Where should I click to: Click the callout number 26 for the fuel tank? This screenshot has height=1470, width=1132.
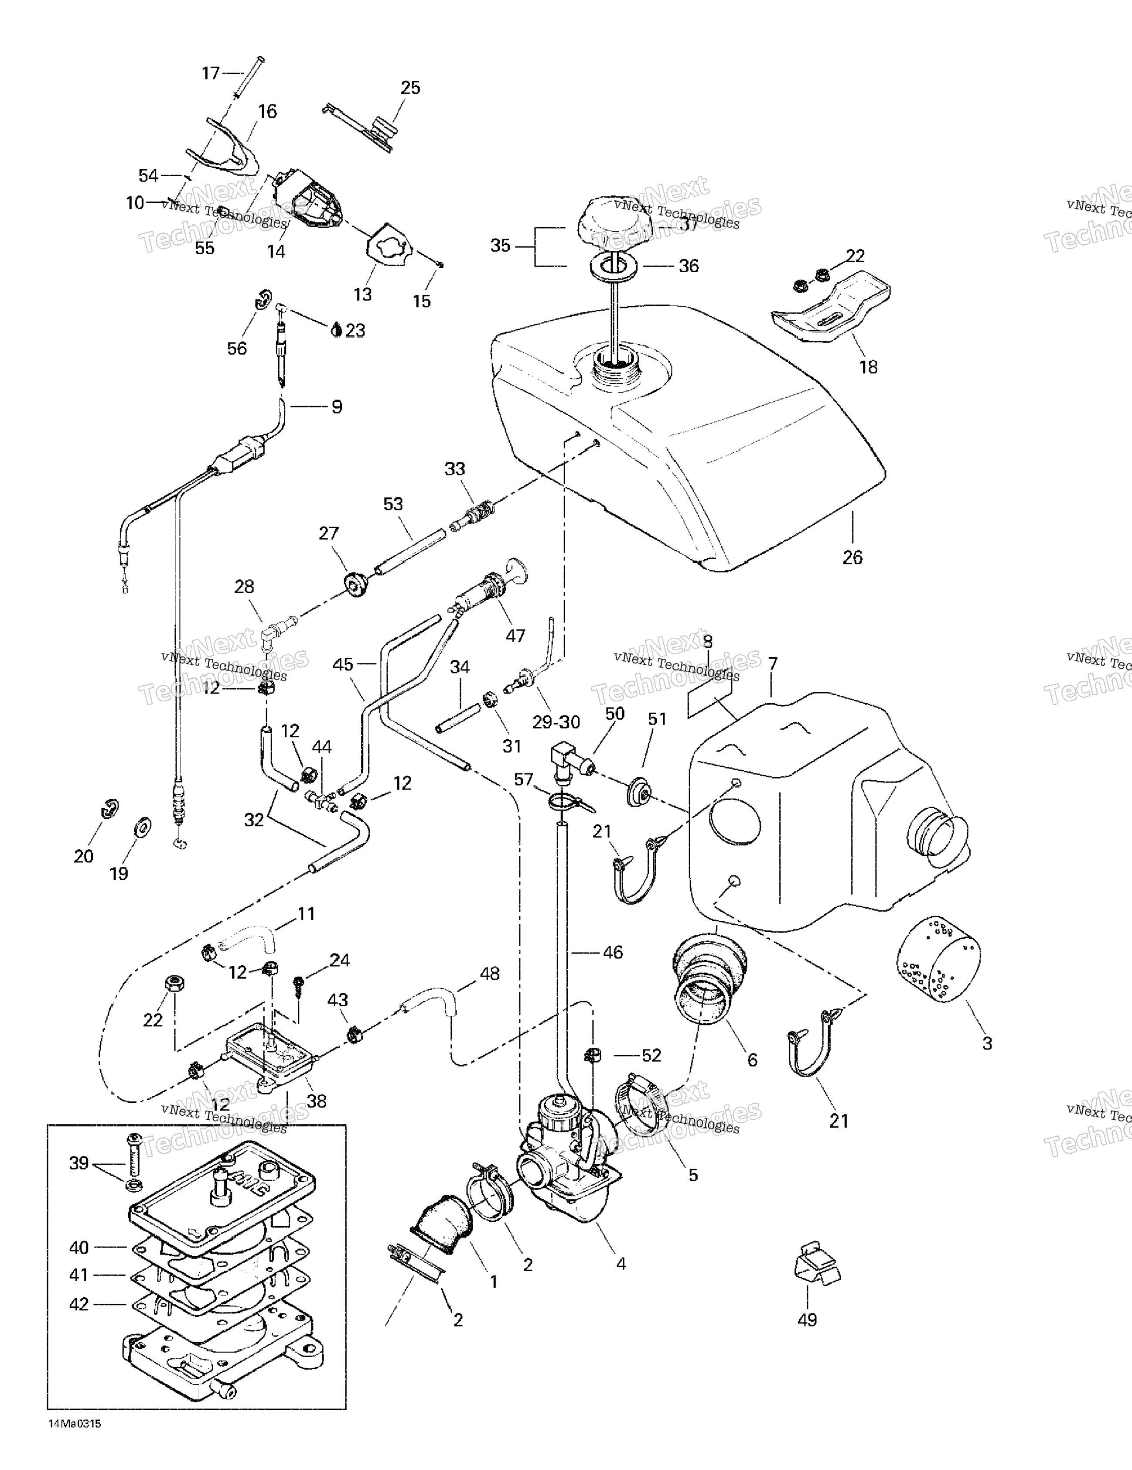pyautogui.click(x=852, y=557)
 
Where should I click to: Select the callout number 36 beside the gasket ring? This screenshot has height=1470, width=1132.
pyautogui.click(x=689, y=266)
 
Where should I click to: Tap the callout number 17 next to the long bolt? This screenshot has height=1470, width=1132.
pyautogui.click(x=211, y=73)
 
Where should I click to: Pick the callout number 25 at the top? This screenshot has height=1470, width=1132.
pyautogui.click(x=410, y=88)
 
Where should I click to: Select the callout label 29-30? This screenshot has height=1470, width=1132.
pyautogui.click(x=556, y=722)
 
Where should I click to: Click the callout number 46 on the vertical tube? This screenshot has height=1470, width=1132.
pyautogui.click(x=612, y=952)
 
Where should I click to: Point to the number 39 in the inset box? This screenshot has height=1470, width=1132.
pyautogui.click(x=79, y=1163)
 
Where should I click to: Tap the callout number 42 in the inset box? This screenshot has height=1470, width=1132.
pyautogui.click(x=79, y=1304)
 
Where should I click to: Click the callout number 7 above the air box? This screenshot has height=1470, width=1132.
pyautogui.click(x=773, y=663)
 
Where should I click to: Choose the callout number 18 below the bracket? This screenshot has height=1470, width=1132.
pyautogui.click(x=868, y=367)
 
